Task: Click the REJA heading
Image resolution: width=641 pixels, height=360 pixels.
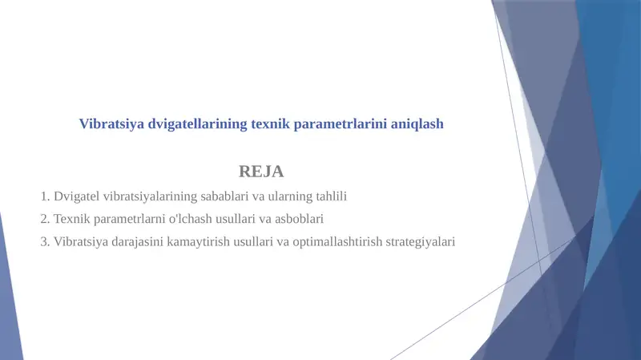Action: point(261,171)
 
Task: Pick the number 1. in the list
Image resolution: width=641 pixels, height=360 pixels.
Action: point(45,196)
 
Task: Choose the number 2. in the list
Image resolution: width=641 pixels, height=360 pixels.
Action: point(45,218)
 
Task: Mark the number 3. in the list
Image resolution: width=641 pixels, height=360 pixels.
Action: point(45,241)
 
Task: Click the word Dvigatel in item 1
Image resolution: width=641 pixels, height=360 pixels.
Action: point(77,196)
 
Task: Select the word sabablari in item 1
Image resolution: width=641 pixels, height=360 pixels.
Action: point(226,196)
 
